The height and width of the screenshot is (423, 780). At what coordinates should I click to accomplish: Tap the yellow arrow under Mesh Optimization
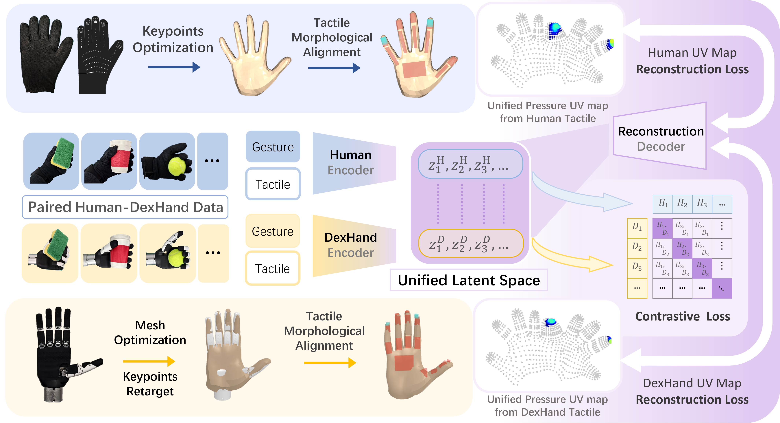(149, 361)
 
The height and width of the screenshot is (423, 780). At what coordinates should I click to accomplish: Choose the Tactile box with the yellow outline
(273, 268)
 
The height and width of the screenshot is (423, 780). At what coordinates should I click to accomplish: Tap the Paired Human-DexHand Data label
(125, 207)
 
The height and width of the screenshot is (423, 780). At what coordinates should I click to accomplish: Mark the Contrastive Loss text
(683, 316)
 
